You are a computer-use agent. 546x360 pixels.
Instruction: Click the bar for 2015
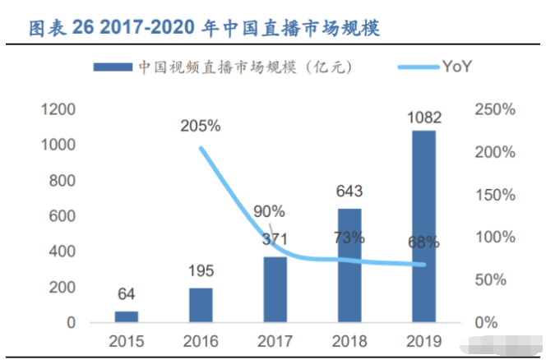click(127, 316)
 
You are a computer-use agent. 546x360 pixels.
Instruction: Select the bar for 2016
click(201, 305)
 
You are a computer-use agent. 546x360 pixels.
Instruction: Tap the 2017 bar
click(275, 289)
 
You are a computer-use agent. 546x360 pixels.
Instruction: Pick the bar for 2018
click(349, 265)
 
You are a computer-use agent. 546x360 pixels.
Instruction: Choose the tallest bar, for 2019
click(423, 226)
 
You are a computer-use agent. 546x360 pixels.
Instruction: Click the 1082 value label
click(424, 118)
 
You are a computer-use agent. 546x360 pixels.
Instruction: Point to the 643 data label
click(349, 192)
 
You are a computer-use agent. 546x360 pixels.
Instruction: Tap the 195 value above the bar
click(201, 271)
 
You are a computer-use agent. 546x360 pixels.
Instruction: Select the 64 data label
click(126, 294)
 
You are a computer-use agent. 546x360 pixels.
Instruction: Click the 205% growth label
click(201, 126)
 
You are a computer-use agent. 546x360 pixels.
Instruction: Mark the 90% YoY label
click(269, 211)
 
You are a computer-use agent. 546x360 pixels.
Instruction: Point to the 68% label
click(423, 242)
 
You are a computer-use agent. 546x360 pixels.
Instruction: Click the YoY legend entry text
click(457, 66)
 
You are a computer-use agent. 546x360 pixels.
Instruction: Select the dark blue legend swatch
click(113, 67)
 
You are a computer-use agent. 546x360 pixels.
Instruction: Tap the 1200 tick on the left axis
click(58, 109)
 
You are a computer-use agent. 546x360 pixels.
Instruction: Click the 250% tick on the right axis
click(495, 109)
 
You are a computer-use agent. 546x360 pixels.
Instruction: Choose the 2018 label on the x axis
click(349, 341)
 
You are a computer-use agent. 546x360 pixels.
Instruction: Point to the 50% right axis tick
click(491, 279)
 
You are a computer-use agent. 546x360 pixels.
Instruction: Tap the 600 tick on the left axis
click(62, 216)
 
